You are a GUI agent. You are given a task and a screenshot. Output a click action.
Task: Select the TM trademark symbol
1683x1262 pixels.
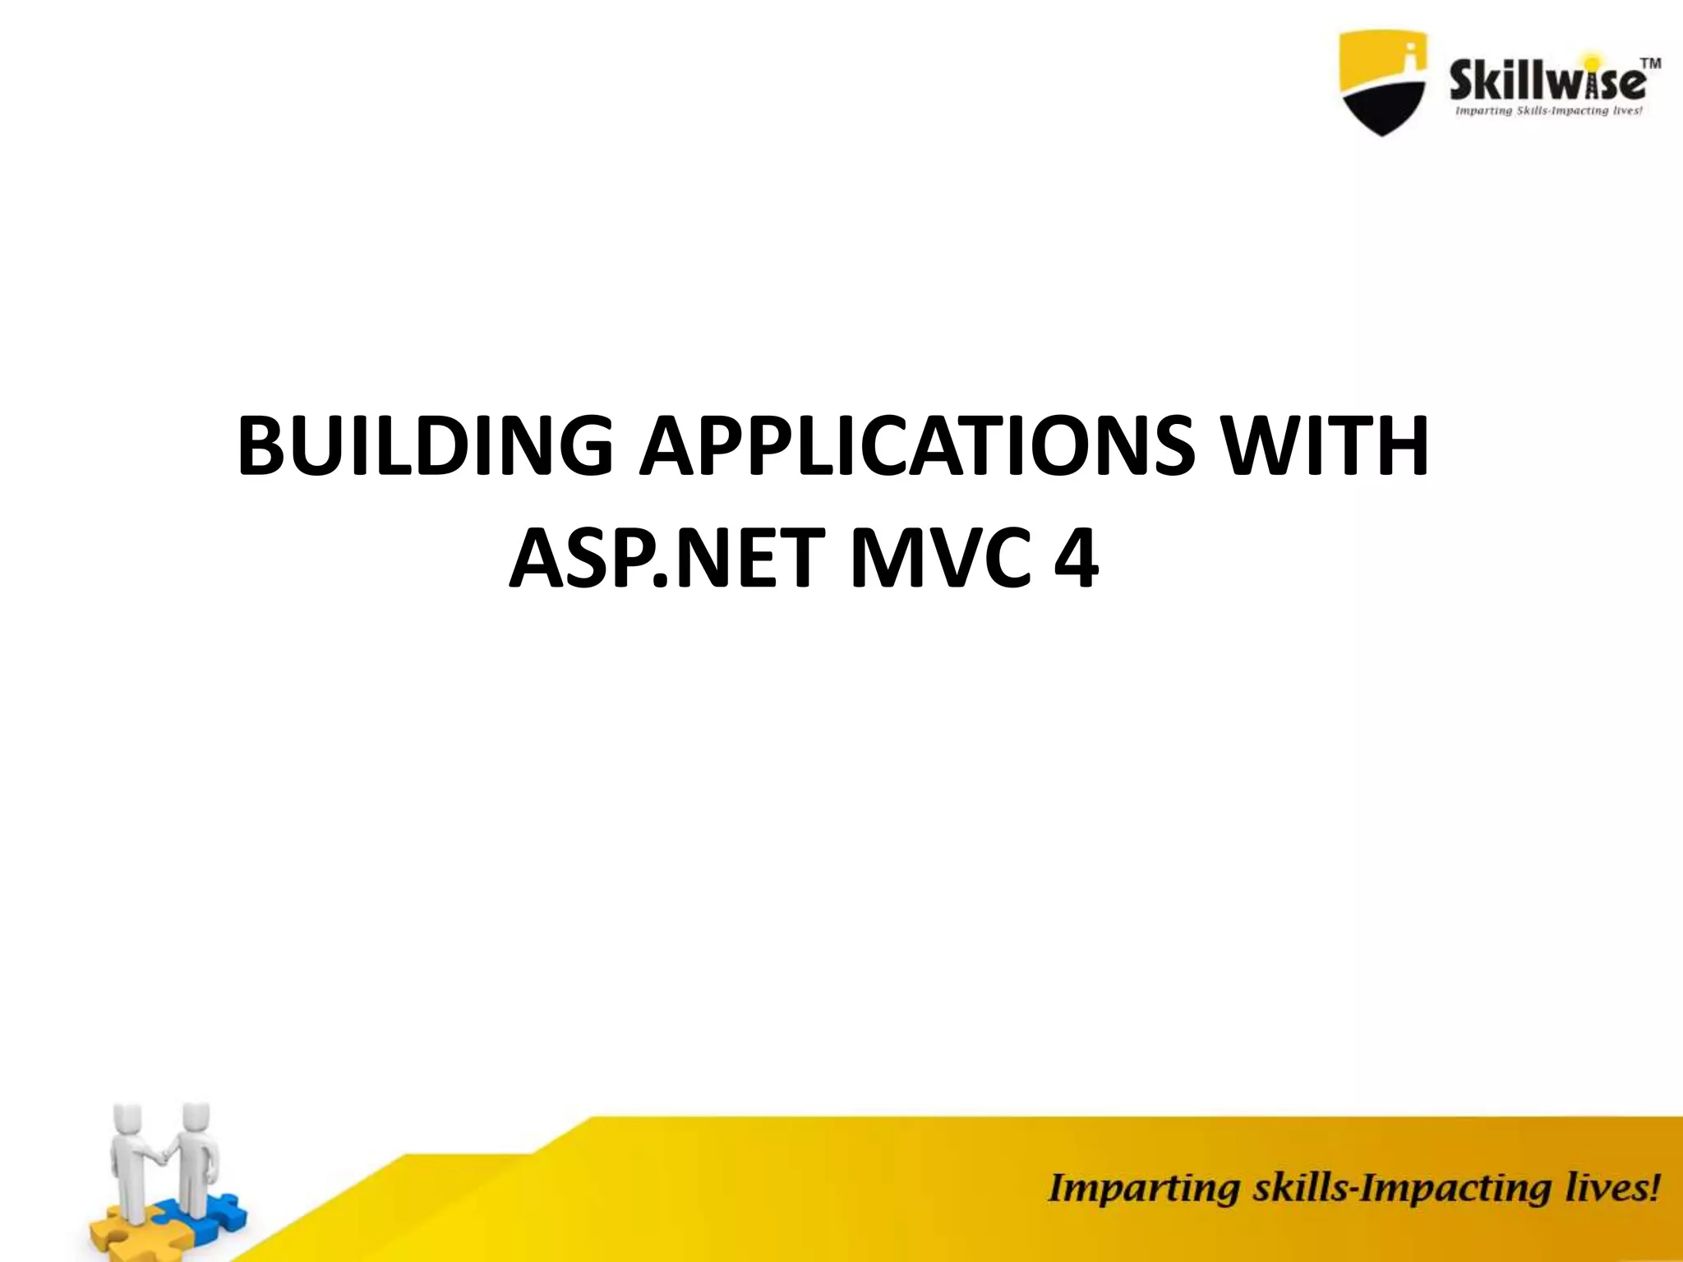tap(1649, 63)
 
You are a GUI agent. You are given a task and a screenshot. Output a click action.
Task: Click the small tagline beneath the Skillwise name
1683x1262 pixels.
tap(1548, 111)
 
